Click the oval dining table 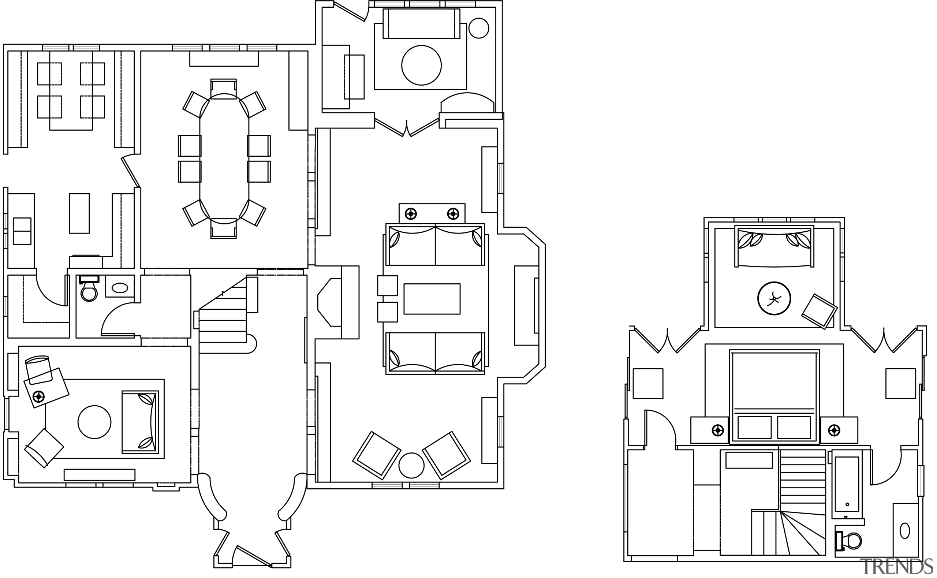point(224,159)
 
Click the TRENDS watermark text point(896,567)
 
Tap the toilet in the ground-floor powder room point(89,291)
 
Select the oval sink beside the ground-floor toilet point(120,288)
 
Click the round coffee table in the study point(94,422)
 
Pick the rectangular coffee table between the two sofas point(432,299)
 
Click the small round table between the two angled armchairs point(411,465)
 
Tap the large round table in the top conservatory point(421,66)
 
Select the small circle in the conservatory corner point(478,28)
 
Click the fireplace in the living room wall point(329,302)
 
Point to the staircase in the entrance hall point(223,321)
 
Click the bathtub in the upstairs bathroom point(847,484)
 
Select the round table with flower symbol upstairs point(774,299)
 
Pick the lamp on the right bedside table point(834,430)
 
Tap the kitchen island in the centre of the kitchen point(79,213)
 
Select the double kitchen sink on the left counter point(22,231)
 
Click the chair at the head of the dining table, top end point(224,89)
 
